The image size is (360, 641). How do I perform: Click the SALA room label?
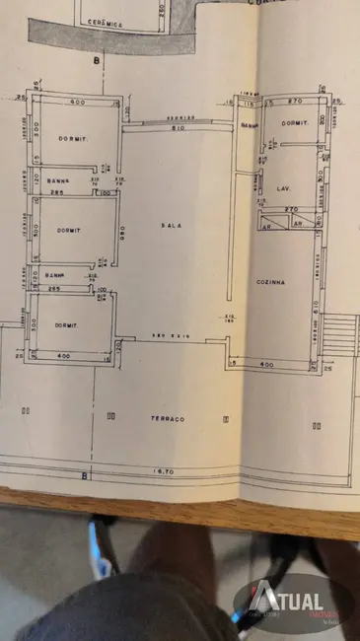(172, 226)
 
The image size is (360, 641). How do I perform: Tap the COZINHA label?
(271, 282)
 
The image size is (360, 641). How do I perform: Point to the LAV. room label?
(281, 187)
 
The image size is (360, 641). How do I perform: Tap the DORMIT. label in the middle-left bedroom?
(67, 230)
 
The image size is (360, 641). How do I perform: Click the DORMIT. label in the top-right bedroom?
(294, 123)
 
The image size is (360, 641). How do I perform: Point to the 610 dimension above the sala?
(177, 128)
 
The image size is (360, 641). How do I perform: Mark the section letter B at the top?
(97, 61)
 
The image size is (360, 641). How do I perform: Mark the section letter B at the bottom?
(84, 476)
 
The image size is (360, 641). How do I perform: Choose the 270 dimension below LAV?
(291, 209)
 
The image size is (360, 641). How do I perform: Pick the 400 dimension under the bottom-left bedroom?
(64, 355)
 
